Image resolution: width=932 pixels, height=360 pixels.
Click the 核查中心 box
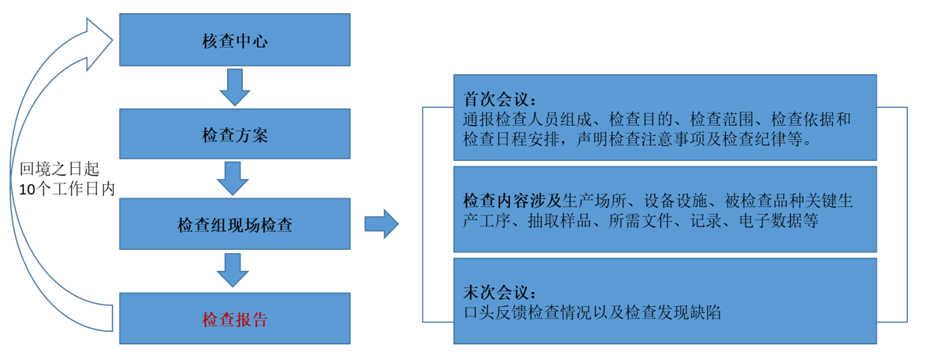pyautogui.click(x=234, y=40)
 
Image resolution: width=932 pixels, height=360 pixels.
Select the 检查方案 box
pyautogui.click(x=234, y=134)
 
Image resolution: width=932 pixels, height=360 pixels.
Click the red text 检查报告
pyautogui.click(x=234, y=319)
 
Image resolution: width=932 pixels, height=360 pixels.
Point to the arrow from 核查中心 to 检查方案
pyautogui.click(x=234, y=87)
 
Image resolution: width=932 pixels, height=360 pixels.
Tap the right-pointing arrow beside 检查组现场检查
pyautogui.click(x=381, y=224)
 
